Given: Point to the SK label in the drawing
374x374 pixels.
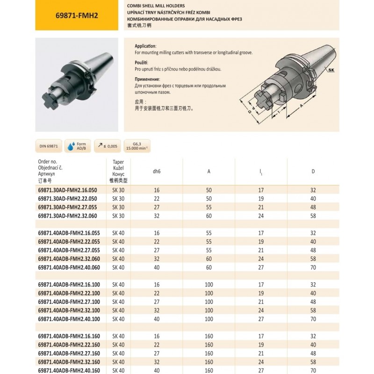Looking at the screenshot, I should click(331, 71).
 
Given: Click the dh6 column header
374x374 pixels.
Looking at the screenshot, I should click(157, 171).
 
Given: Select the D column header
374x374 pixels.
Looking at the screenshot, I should click(313, 171).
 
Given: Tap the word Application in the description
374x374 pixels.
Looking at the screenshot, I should click(144, 47).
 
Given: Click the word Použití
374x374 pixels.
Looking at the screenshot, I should click(142, 63).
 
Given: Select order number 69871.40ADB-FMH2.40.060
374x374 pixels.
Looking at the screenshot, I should click(70, 267).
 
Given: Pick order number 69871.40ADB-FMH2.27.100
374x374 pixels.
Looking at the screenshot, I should click(70, 302).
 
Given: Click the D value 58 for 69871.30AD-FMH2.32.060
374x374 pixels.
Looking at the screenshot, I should click(313, 216).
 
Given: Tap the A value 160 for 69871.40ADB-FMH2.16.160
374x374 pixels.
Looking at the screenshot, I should click(209, 336).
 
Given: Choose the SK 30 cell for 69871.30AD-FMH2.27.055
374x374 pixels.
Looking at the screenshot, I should click(118, 207).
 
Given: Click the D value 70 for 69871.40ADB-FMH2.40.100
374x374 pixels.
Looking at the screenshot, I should click(313, 319).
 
